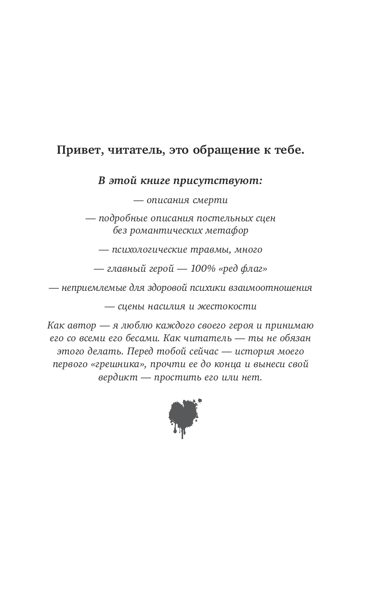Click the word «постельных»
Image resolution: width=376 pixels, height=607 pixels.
(225, 218)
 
